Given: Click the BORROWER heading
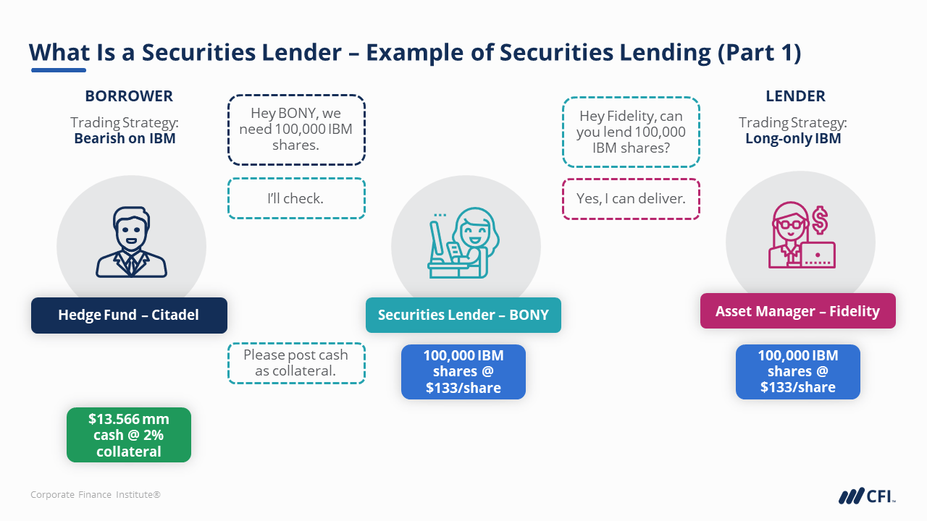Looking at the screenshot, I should (x=129, y=96).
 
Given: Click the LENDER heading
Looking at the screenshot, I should (x=795, y=96).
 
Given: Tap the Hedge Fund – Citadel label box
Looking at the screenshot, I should (x=129, y=315).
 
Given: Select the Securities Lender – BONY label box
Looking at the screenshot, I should (x=463, y=315).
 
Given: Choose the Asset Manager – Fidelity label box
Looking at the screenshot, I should (x=797, y=311).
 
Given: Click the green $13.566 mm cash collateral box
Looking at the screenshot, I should (x=129, y=435).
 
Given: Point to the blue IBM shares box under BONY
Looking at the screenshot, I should (x=463, y=372).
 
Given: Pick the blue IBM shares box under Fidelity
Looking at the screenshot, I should (x=797, y=372).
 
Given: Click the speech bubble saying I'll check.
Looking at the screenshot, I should (x=296, y=198).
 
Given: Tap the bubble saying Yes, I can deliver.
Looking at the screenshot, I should (x=631, y=198).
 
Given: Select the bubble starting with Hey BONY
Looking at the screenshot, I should (x=296, y=130).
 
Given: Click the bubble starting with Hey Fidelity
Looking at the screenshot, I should (x=631, y=132).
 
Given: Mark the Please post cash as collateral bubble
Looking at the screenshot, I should (x=296, y=363).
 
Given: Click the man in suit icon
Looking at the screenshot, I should (x=131, y=243).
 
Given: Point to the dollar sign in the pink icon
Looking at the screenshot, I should (x=820, y=219).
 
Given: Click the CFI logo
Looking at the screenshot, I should (x=867, y=496).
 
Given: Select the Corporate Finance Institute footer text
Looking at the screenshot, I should (x=96, y=495).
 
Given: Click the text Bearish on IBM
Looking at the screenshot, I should (x=125, y=138).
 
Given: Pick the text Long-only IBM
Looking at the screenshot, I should (x=793, y=138).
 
